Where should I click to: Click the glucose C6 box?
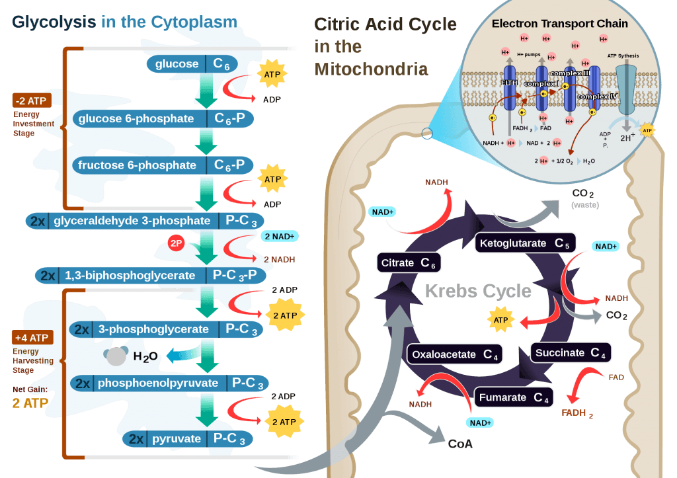click(x=192, y=63)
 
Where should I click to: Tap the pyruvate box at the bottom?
click(x=188, y=439)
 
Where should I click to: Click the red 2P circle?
click(x=176, y=243)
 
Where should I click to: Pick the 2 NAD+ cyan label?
click(x=280, y=236)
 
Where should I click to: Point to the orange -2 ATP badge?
click(x=31, y=101)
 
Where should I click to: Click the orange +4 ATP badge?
click(x=31, y=338)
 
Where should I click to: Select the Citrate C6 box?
click(x=408, y=263)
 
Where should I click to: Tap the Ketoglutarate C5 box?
click(x=525, y=243)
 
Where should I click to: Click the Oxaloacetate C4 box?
click(x=455, y=354)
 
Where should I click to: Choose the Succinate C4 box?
click(x=571, y=352)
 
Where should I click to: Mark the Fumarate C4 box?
click(x=514, y=397)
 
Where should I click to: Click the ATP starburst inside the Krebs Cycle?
click(x=500, y=320)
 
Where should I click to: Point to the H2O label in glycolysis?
click(x=145, y=357)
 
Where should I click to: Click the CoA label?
click(x=460, y=444)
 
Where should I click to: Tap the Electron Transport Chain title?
click(x=559, y=24)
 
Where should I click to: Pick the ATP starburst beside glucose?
click(x=272, y=75)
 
